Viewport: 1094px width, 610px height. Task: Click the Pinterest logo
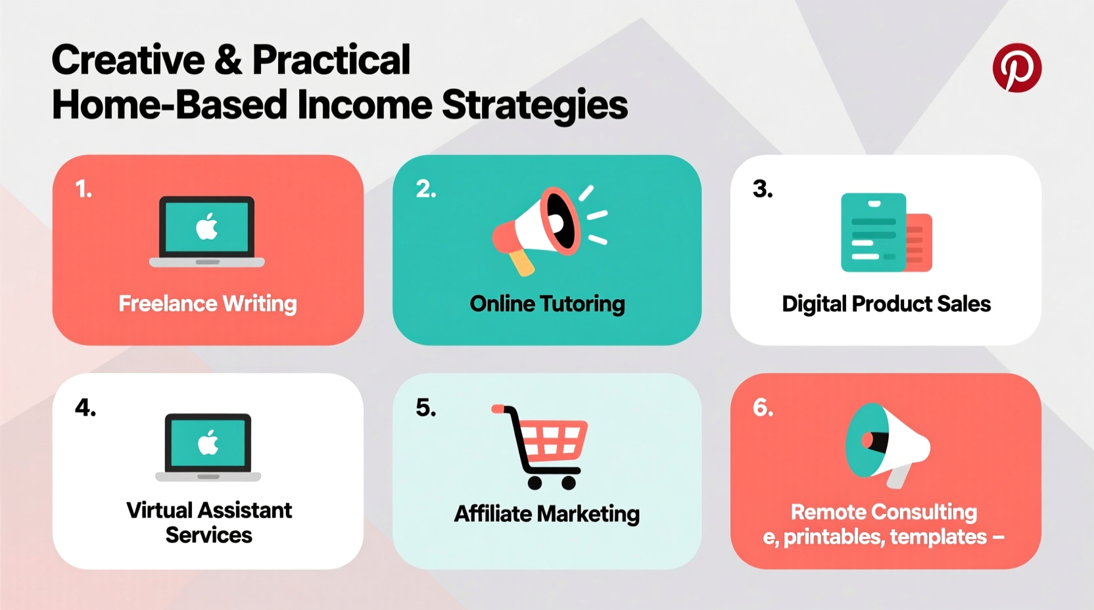pyautogui.click(x=1016, y=68)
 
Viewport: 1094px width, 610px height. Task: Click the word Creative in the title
pyautogui.click(x=128, y=60)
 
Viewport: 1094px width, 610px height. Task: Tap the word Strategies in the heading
pyautogui.click(x=534, y=105)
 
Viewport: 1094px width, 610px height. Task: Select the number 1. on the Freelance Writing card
pyautogui.click(x=83, y=190)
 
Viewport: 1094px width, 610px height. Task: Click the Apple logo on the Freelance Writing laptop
pyautogui.click(x=207, y=227)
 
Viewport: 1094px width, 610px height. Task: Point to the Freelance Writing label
pyautogui.click(x=207, y=304)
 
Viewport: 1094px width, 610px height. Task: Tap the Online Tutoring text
pyautogui.click(x=547, y=304)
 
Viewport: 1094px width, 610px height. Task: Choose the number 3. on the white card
pyautogui.click(x=763, y=189)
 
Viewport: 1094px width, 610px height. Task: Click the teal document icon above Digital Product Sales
pyautogui.click(x=874, y=233)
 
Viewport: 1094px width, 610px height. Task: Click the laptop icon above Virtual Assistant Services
pyautogui.click(x=208, y=447)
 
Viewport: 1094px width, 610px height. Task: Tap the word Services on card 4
pyautogui.click(x=208, y=535)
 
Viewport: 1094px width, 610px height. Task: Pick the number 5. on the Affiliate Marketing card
pyautogui.click(x=425, y=408)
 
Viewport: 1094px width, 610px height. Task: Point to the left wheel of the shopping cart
pyautogui.click(x=535, y=483)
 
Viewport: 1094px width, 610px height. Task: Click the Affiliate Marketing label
pyautogui.click(x=546, y=513)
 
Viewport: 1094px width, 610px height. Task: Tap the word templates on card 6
pyautogui.click(x=938, y=537)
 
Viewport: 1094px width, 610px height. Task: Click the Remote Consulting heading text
pyautogui.click(x=884, y=511)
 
